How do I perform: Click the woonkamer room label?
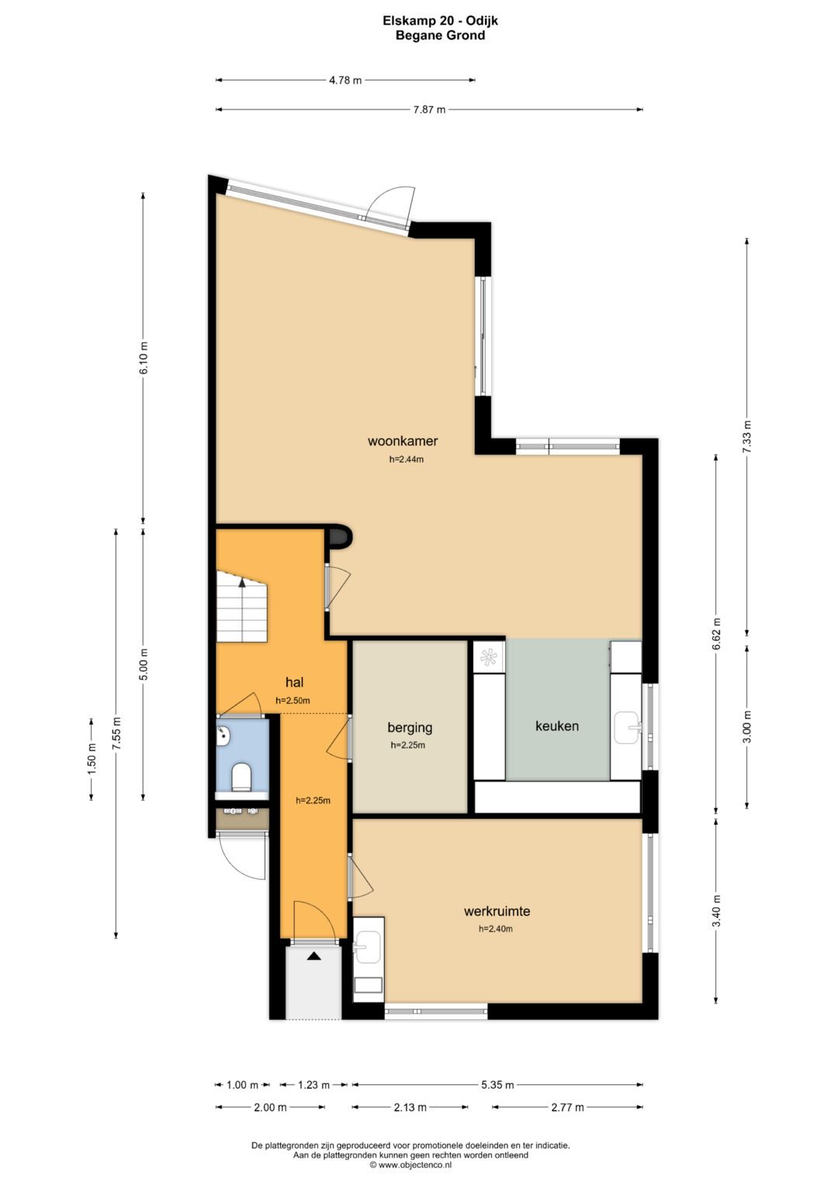403,440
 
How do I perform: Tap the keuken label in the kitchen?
556,726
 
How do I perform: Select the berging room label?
410,727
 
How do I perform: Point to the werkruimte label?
497,911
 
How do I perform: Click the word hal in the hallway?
294,682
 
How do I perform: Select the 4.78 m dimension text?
345,81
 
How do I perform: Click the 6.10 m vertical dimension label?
144,359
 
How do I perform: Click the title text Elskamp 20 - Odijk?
440,21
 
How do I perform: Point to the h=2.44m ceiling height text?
407,459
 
